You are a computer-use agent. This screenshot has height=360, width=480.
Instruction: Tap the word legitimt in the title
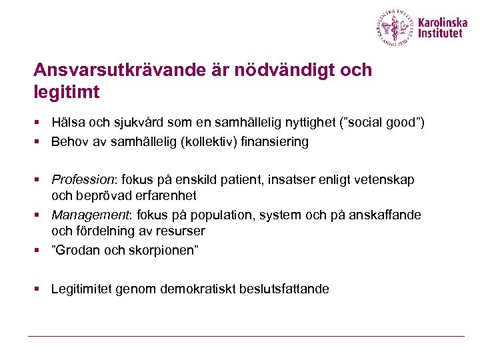click(66, 91)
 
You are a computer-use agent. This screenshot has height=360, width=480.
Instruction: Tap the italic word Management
click(84, 215)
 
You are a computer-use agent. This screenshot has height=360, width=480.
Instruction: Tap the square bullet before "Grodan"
click(38, 251)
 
